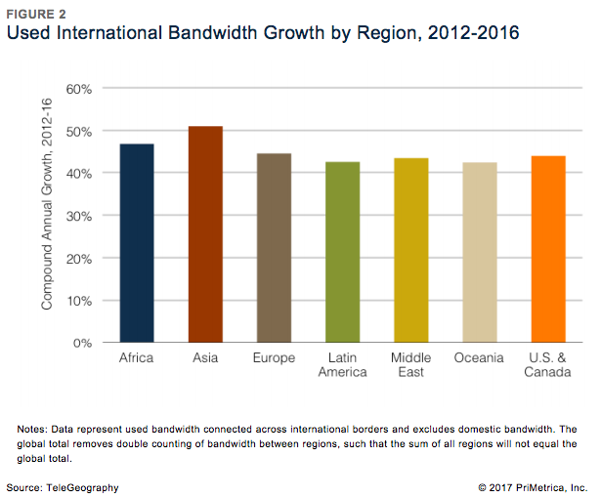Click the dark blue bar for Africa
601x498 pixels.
(136, 243)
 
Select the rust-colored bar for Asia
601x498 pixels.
(205, 234)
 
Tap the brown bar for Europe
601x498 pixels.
(274, 248)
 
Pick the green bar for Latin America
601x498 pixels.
(342, 252)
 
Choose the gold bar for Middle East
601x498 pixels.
(410, 250)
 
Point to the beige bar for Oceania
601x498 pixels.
(479, 252)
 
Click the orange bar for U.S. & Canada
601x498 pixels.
(547, 249)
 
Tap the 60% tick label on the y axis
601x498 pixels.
(79, 88)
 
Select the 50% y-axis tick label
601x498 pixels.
(79, 131)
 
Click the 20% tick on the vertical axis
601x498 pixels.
(79, 258)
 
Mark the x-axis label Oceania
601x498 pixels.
(479, 358)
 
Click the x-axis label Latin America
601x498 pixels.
(342, 365)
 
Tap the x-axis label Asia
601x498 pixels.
(205, 358)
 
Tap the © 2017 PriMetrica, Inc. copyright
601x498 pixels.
(532, 485)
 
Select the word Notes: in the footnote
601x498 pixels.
(35, 430)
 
